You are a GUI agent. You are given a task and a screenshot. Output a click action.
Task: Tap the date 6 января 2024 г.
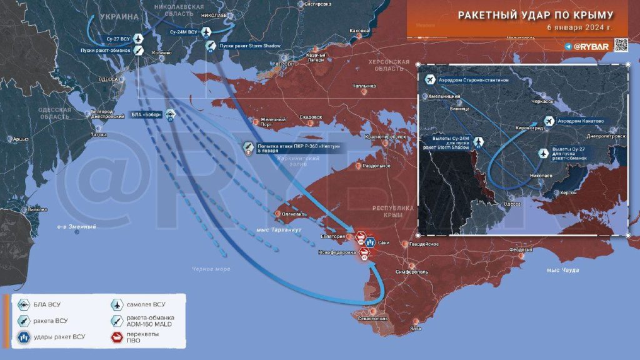(x=579, y=28)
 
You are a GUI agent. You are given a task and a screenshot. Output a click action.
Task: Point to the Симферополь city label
(x=409, y=272)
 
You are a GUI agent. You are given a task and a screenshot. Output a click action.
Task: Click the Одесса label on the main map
(x=109, y=81)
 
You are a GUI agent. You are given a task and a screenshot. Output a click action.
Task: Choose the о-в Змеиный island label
(x=76, y=226)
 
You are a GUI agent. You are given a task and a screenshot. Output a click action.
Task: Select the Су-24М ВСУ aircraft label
(x=184, y=31)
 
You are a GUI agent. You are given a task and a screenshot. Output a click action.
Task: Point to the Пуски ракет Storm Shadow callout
(x=249, y=46)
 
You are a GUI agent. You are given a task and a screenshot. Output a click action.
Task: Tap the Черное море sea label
(x=211, y=269)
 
